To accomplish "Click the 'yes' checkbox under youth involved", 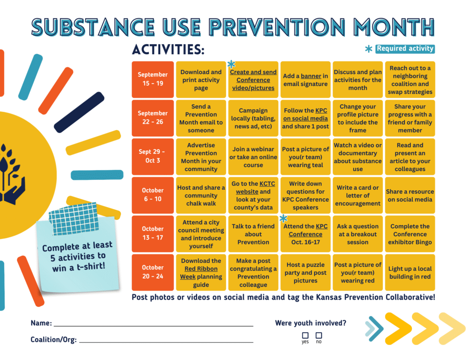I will tap(305, 335).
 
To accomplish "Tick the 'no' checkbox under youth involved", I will tap(319, 335).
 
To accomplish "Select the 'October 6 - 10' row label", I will tap(153, 195).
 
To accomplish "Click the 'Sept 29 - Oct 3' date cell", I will tap(153, 157).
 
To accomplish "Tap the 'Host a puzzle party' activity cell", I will tap(305, 273).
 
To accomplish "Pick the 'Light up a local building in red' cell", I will tap(410, 273).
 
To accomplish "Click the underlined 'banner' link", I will tap(311, 76).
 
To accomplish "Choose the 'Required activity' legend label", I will tap(405, 49).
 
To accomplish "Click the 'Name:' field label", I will tap(41, 323).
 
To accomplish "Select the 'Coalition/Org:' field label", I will tap(53, 340).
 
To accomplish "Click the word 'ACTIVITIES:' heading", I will tap(168, 49).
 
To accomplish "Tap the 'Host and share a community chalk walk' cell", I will tap(201, 195).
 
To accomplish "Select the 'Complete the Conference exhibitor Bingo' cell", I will tap(410, 234).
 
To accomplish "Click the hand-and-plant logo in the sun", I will tap(10, 173).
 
